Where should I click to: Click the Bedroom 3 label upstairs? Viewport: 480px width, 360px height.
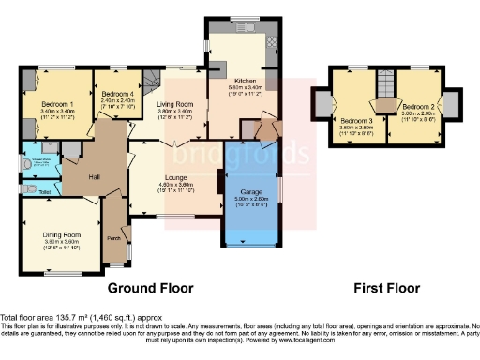(356, 121)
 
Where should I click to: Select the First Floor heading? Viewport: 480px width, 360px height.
(386, 288)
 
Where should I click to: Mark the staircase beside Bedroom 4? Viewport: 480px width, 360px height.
(149, 80)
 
